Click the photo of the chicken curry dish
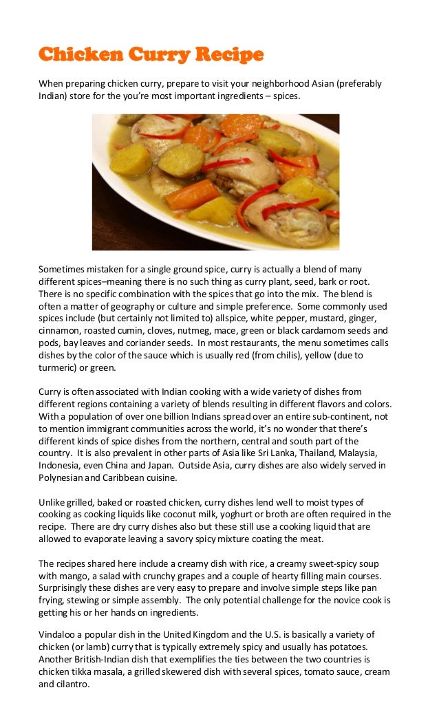coord(215,182)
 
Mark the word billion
coord(178,416)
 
